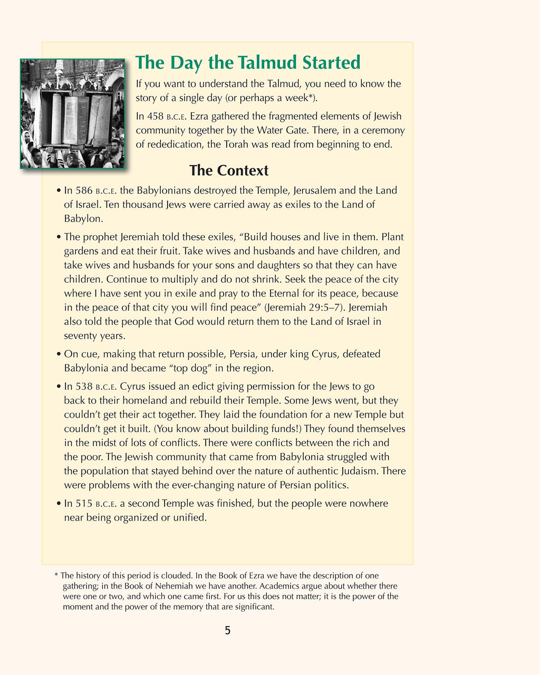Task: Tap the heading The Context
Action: pyautogui.click(x=229, y=170)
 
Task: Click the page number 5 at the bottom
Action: pyautogui.click(x=227, y=630)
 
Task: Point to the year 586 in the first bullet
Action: pyautogui.click(x=84, y=190)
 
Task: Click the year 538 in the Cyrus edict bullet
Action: pyautogui.click(x=84, y=387)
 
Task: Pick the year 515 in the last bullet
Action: pyautogui.click(x=84, y=504)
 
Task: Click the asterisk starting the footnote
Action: pyautogui.click(x=56, y=575)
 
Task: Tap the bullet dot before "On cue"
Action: pyautogui.click(x=59, y=354)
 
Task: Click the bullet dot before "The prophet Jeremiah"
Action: pyautogui.click(x=59, y=237)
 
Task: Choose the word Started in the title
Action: pyautogui.click(x=331, y=62)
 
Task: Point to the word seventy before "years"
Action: pyautogui.click(x=80, y=335)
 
